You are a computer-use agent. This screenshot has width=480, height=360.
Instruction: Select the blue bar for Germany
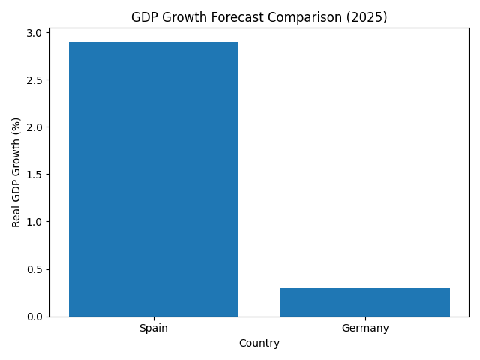(365, 301)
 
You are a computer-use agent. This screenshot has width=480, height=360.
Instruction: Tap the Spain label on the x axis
(153, 328)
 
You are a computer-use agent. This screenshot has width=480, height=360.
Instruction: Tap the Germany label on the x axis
(365, 328)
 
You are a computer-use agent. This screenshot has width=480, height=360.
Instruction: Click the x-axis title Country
(259, 343)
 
